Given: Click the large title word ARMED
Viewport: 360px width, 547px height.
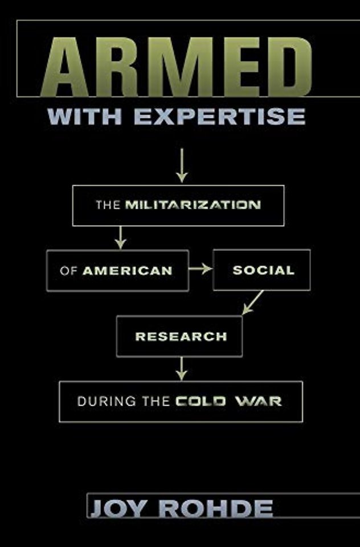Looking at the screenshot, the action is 176,67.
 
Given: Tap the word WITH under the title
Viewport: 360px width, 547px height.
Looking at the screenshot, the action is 84,116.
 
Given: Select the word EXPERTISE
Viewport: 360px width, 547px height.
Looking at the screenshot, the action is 220,116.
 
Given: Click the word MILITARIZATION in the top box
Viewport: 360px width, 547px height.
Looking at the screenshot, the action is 193,205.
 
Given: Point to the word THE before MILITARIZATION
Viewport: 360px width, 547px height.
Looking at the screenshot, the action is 108,205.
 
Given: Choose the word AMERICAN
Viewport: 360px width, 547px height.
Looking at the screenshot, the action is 128,271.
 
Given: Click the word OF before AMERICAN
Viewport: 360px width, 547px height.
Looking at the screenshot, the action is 68,271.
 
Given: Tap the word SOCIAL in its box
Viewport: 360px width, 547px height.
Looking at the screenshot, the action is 263,270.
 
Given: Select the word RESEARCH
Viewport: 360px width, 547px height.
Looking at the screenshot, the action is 181,336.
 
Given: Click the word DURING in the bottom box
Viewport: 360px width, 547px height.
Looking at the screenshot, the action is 107,402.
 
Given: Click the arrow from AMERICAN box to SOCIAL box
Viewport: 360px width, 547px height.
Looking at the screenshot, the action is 201,269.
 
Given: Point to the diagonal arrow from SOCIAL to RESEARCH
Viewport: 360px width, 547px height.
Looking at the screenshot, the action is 252,303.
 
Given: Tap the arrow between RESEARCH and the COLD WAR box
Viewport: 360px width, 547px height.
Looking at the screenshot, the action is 181,369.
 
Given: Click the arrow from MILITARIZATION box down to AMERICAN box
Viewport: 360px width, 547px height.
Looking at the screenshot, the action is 120,238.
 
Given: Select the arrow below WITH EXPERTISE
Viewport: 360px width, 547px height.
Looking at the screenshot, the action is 181,165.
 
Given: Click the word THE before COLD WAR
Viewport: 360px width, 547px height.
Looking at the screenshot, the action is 156,402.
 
